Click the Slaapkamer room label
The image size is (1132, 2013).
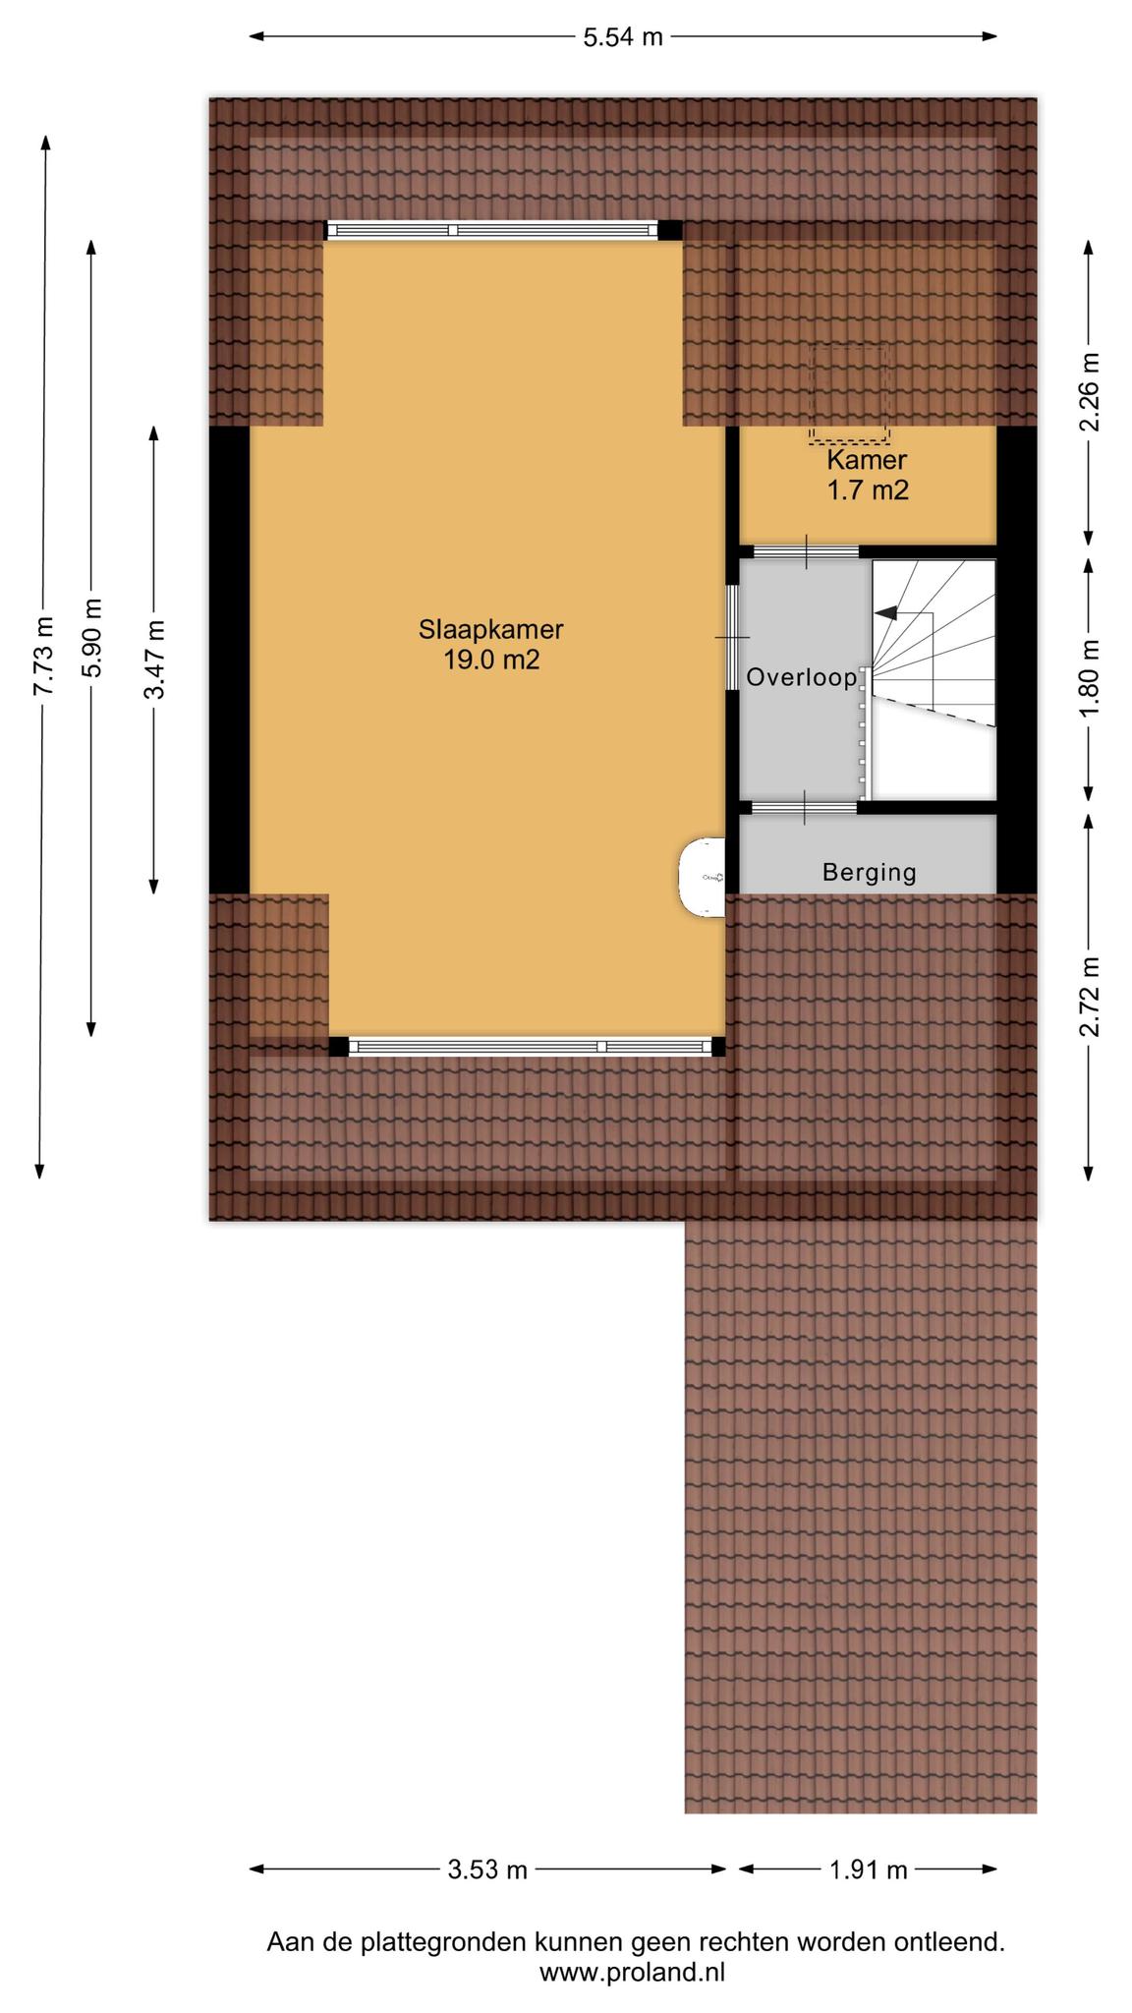490,629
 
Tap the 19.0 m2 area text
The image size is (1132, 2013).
490,660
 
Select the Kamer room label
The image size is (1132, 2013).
866,459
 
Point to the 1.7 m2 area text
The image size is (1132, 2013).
868,489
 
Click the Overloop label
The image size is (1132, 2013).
801,677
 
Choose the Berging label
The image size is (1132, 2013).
869,872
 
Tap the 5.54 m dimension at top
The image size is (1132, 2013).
623,37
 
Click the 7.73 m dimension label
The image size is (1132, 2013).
41,656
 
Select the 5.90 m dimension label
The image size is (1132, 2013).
91,638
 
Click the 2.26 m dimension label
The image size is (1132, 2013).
1089,392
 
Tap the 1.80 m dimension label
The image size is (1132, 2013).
1089,678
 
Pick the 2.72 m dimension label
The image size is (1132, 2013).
1089,996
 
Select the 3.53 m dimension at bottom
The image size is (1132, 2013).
487,1869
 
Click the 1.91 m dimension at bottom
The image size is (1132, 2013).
868,1869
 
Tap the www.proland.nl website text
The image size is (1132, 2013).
632,1972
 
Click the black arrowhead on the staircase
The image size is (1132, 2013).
885,612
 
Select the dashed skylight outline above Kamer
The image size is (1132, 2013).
849,394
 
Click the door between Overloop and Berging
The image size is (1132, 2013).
804,808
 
